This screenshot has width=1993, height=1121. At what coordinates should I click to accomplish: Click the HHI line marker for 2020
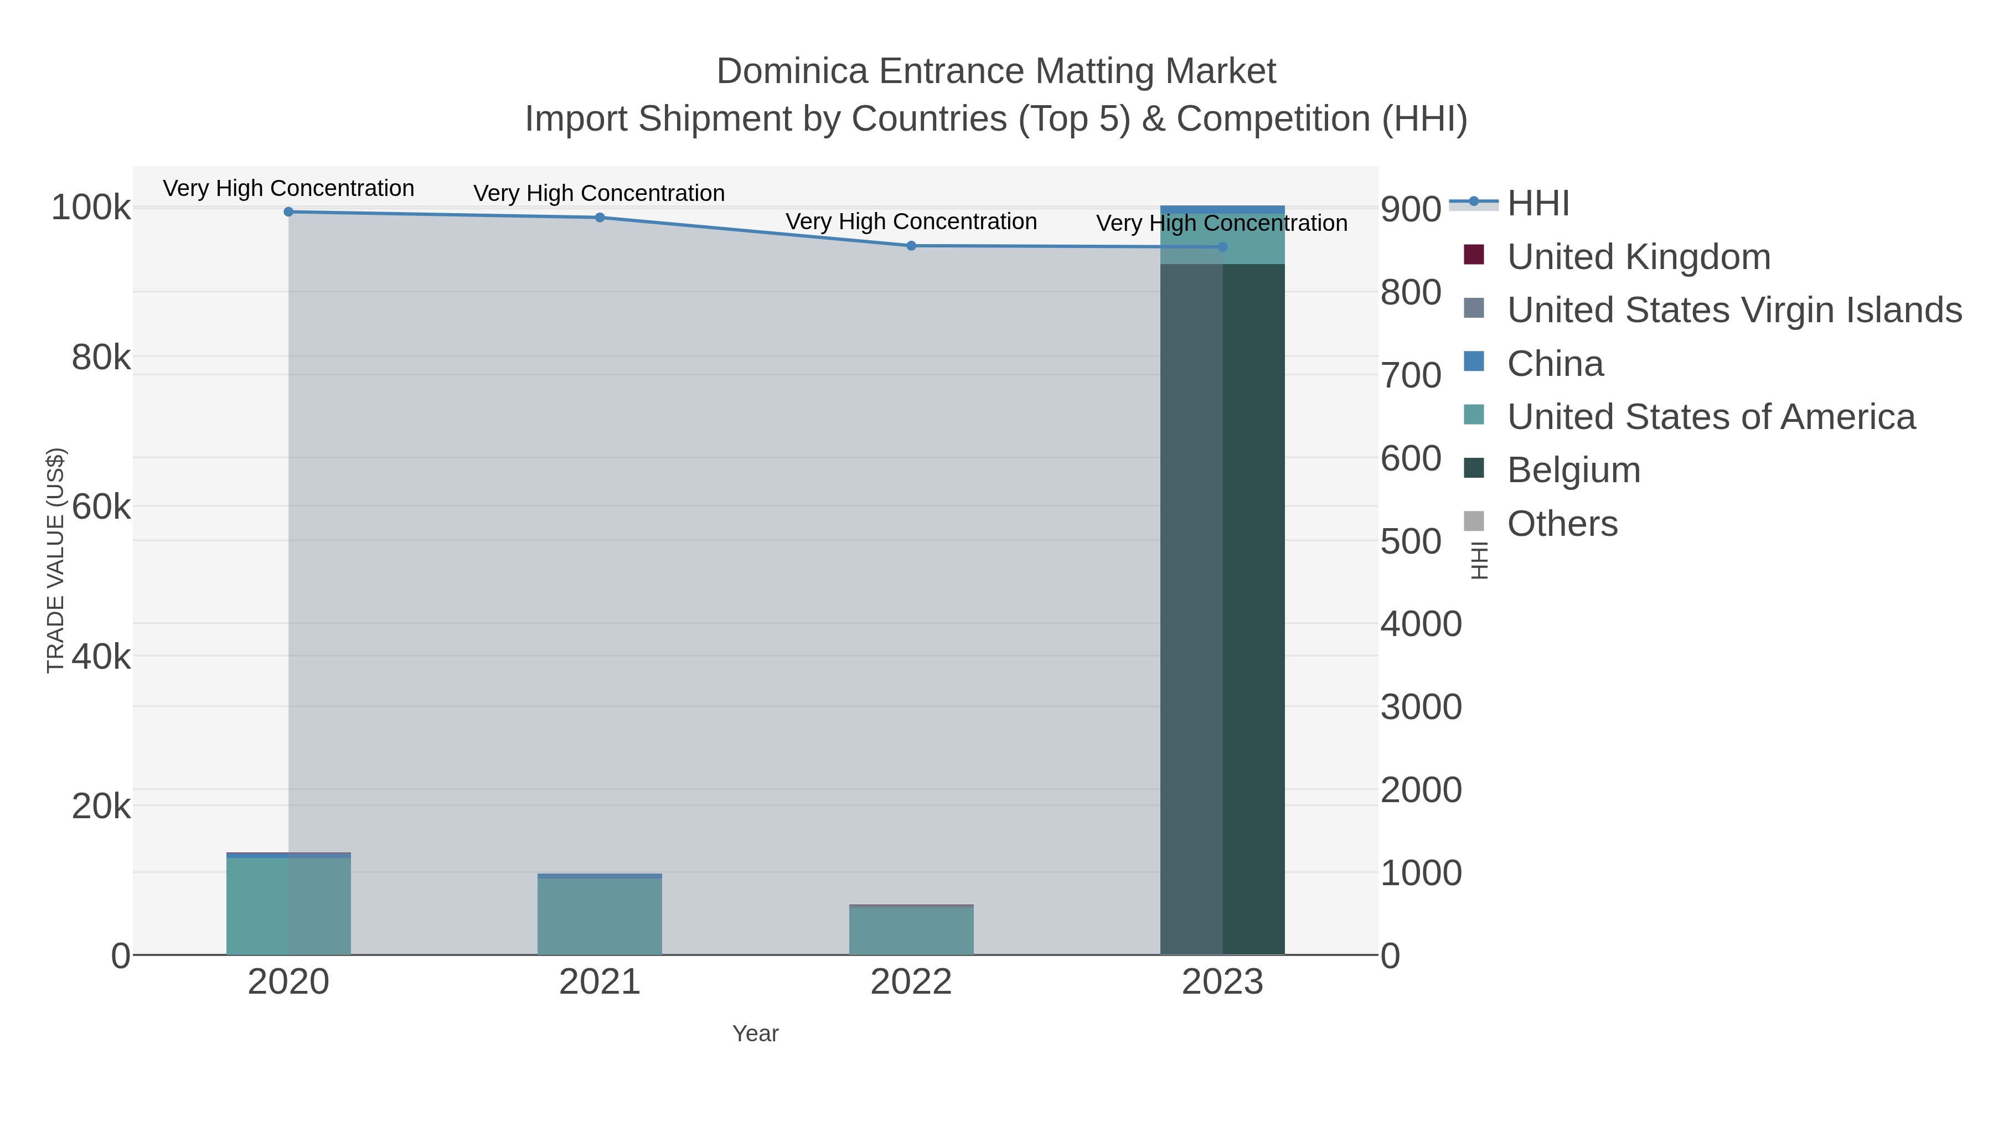click(x=288, y=212)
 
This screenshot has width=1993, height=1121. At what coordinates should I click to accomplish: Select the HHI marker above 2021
click(x=600, y=218)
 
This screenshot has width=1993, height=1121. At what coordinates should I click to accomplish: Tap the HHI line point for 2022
click(x=911, y=246)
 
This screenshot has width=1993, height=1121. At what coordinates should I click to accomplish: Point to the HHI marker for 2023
click(x=1222, y=247)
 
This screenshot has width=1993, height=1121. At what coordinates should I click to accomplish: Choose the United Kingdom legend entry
click(x=1638, y=257)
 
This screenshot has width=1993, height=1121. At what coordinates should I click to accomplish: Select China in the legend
click(x=1555, y=364)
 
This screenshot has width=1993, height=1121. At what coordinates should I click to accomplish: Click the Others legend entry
click(x=1561, y=524)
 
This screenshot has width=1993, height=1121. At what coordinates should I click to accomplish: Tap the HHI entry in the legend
click(x=1537, y=204)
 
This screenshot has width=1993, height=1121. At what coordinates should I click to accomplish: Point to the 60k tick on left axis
click(x=101, y=508)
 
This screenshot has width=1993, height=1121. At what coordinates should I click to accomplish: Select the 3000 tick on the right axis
click(x=1421, y=707)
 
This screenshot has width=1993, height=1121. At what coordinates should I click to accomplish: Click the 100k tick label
click(x=91, y=208)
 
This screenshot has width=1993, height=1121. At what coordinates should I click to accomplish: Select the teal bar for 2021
click(x=600, y=917)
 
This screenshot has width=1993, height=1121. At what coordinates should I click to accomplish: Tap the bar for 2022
click(x=911, y=931)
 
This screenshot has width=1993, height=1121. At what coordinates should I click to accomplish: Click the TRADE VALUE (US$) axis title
click(x=56, y=560)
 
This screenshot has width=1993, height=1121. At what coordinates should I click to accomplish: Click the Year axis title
click(x=755, y=1034)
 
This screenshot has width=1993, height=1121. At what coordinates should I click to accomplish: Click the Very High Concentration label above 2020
click(x=288, y=189)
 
